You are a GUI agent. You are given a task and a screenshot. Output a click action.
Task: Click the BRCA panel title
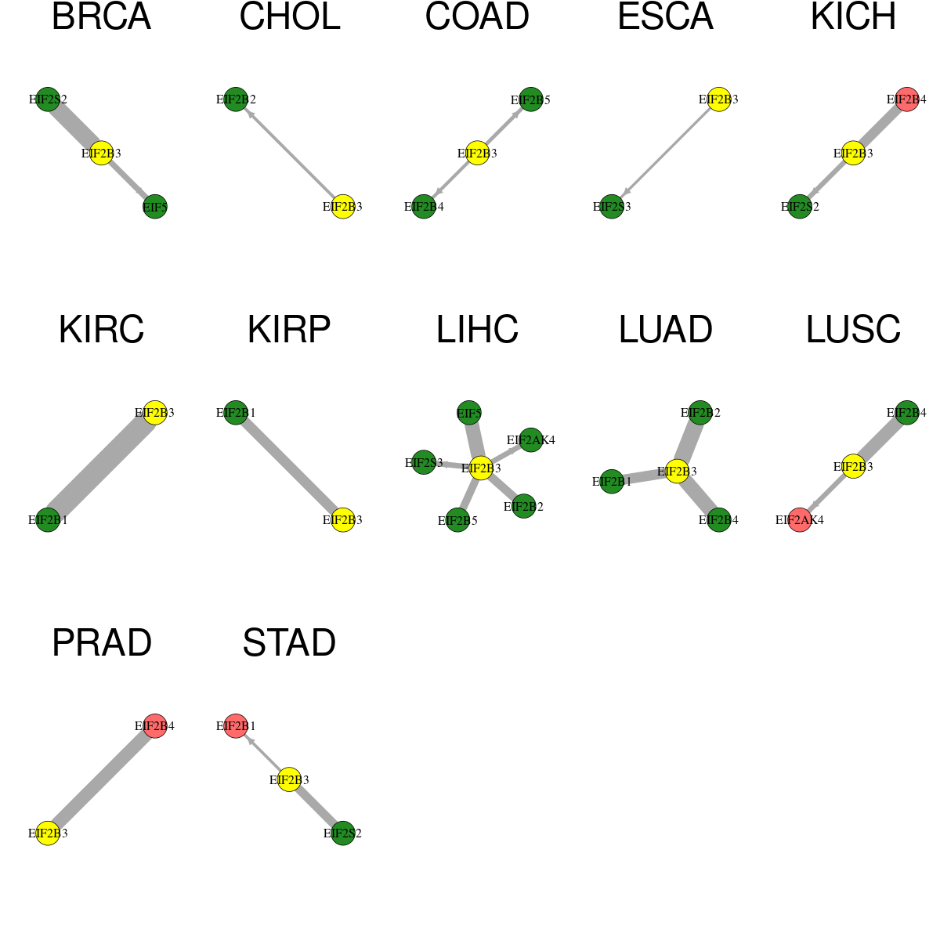click(x=102, y=16)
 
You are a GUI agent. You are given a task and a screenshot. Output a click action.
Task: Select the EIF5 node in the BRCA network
click(x=155, y=207)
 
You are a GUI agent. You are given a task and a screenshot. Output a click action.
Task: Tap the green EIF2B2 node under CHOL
click(x=236, y=99)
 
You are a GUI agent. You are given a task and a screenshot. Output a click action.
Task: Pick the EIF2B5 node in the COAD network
click(x=531, y=99)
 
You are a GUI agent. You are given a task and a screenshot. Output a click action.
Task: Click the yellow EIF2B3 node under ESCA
click(x=718, y=99)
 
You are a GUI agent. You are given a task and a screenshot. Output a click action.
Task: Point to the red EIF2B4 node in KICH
click(x=907, y=99)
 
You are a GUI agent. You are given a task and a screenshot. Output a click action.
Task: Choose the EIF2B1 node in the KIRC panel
click(x=48, y=520)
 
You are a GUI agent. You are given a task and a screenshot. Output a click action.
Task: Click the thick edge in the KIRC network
click(x=102, y=466)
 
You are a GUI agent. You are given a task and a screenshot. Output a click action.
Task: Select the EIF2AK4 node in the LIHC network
click(x=531, y=440)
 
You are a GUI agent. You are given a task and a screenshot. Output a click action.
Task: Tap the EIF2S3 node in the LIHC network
click(x=424, y=462)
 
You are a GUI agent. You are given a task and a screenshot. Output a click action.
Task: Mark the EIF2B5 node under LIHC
click(x=457, y=520)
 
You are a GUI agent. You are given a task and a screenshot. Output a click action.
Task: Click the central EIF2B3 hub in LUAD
click(x=677, y=472)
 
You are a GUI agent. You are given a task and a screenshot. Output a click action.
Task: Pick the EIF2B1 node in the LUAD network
click(x=612, y=482)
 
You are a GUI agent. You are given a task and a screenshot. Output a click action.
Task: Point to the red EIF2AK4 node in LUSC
click(x=800, y=520)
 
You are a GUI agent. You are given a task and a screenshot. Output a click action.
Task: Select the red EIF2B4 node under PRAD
click(x=155, y=726)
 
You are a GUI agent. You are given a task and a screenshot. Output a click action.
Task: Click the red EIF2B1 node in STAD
click(x=236, y=726)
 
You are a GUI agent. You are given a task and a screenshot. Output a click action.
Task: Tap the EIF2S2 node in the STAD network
click(x=343, y=833)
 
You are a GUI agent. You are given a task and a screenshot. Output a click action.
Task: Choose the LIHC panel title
click(x=477, y=330)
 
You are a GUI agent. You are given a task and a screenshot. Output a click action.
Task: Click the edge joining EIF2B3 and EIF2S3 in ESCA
click(x=665, y=154)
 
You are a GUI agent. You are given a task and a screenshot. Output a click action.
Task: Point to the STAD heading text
click(x=289, y=643)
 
